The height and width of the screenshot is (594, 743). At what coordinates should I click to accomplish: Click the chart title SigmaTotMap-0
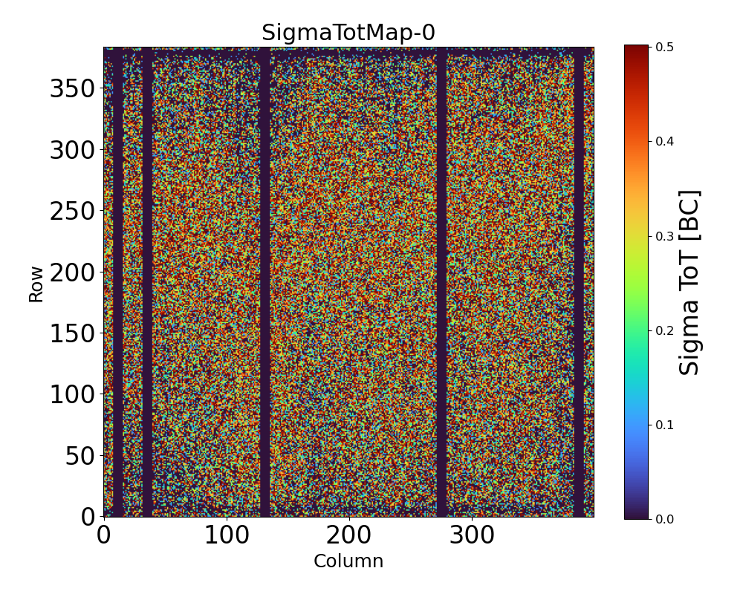[348, 33]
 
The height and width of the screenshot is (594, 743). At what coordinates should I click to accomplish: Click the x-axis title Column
[348, 561]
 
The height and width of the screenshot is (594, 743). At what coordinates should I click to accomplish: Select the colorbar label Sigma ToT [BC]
[691, 282]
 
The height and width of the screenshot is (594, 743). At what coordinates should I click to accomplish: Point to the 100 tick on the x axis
[227, 535]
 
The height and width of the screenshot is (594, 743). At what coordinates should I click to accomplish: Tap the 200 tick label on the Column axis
[349, 535]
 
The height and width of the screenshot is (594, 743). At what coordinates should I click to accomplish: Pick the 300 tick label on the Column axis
[472, 535]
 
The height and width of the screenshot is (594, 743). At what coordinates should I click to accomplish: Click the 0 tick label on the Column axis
[104, 535]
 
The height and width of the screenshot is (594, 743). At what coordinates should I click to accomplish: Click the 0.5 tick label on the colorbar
[664, 48]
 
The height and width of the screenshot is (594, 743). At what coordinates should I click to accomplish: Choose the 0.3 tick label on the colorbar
[664, 236]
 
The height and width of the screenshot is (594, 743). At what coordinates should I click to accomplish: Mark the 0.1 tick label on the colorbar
[664, 425]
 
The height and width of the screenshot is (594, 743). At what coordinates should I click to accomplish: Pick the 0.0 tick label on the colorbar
[664, 519]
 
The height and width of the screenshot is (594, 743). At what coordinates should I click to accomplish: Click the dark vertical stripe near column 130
[265, 282]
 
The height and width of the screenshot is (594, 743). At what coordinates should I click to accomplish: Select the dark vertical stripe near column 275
[441, 282]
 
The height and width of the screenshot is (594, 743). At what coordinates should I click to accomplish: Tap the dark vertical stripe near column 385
[579, 282]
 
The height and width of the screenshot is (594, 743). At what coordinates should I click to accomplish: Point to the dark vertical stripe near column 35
[147, 282]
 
